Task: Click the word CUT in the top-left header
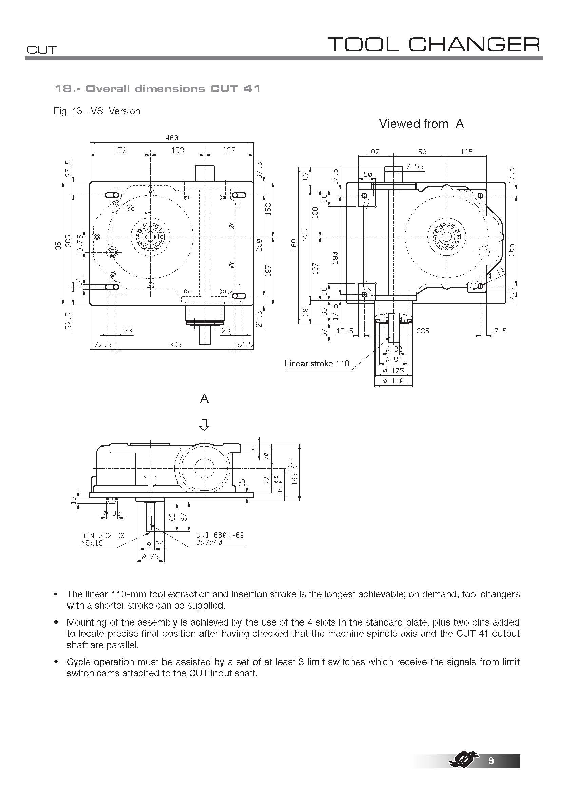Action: [x=41, y=50]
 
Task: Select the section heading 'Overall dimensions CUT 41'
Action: [x=157, y=89]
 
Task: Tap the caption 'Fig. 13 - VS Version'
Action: [x=97, y=111]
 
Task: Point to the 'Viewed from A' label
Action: [x=421, y=124]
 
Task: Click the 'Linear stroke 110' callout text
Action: [x=316, y=364]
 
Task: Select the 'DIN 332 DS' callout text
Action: [x=102, y=536]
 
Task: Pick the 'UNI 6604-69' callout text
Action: [x=220, y=535]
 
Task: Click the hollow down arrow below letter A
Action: [x=204, y=425]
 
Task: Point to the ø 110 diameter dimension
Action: [x=393, y=381]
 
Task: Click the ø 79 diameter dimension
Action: [x=150, y=556]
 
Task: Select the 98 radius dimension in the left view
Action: [x=130, y=208]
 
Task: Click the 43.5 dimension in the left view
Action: [x=80, y=245]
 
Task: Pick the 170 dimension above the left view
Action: [x=120, y=150]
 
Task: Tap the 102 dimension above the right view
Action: [x=373, y=152]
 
